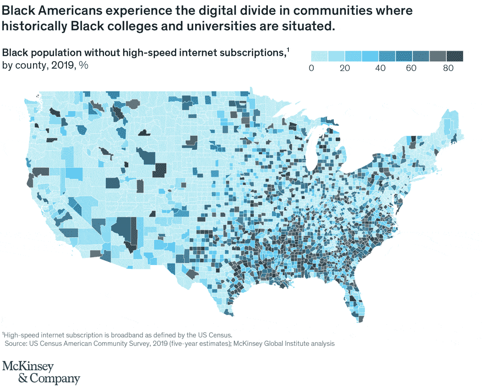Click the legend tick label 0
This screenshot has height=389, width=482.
312,68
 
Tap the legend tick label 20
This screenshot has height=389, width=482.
345,68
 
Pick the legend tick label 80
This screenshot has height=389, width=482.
446,68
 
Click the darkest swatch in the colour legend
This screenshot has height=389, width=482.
455,56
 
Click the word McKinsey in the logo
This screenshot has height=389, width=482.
28,367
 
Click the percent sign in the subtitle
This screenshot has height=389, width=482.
84,65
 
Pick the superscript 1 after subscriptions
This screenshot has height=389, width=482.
288,50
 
